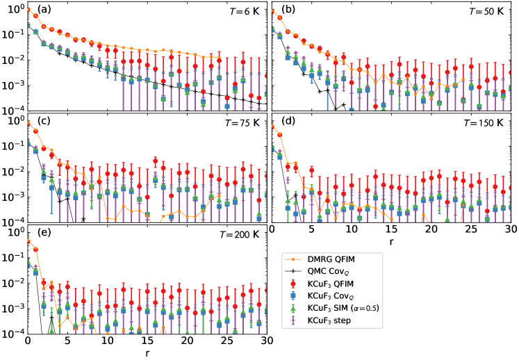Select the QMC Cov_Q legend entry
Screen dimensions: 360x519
(x=337, y=272)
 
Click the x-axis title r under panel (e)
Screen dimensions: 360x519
(x=147, y=353)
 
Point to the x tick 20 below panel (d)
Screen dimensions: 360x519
(x=431, y=229)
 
